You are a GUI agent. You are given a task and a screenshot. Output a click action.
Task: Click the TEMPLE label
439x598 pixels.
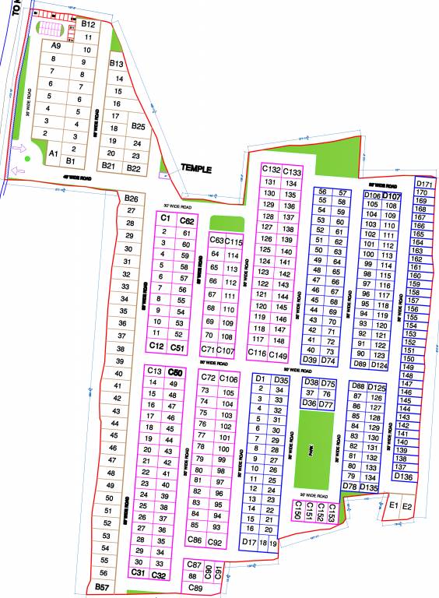196,167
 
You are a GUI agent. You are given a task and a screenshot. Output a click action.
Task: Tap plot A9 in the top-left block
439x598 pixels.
55,47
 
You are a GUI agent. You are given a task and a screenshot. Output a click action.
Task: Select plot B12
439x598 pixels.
88,25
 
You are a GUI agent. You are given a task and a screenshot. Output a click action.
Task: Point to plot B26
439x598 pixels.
132,199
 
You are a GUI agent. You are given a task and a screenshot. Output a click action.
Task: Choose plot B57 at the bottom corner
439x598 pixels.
100,586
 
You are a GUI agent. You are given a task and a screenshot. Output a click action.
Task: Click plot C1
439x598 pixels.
165,219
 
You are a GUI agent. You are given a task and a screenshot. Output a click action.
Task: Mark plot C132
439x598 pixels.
271,169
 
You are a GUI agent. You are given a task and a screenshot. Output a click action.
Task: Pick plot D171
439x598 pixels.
424,184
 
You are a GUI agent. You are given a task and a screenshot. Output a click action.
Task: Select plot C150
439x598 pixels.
297,510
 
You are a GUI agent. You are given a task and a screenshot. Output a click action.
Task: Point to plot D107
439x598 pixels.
392,196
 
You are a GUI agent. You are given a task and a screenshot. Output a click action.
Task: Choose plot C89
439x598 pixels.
195,588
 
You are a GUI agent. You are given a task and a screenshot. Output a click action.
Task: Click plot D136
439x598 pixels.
403,477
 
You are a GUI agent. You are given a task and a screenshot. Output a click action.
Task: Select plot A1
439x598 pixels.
54,154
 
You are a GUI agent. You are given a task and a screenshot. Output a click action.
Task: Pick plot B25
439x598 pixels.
138,126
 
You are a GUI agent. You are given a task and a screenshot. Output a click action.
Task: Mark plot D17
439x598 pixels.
249,541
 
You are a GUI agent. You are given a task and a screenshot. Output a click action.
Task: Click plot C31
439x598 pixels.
139,573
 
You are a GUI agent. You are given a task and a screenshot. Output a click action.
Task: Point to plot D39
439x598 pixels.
309,359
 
